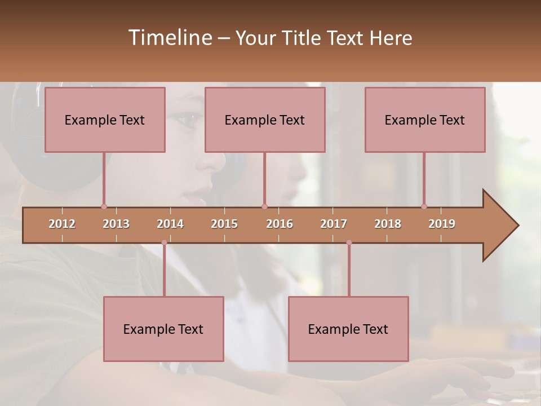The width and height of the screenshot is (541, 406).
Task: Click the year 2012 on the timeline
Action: tap(62, 224)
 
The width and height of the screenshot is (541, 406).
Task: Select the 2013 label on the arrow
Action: tap(116, 224)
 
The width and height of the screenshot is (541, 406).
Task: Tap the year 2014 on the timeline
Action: tap(170, 224)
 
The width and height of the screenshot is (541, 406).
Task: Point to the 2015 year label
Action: tap(224, 224)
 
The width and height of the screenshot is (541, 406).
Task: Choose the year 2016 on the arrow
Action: tap(280, 224)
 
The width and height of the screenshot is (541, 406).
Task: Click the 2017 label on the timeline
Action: tap(334, 224)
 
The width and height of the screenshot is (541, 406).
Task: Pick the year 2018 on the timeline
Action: tap(388, 224)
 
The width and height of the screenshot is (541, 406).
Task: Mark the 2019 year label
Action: tap(442, 224)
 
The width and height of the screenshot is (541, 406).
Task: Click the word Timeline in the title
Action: tap(169, 38)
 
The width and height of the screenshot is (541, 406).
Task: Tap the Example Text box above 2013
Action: tap(105, 120)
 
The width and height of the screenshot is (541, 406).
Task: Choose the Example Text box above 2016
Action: tap(265, 120)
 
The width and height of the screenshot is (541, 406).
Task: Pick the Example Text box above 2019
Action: tap(425, 120)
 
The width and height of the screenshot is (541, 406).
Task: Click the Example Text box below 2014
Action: tap(163, 329)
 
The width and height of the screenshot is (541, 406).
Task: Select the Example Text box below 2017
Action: tap(348, 329)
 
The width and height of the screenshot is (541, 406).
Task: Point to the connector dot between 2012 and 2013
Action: tap(104, 206)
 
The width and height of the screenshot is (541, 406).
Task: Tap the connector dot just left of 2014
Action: tap(164, 242)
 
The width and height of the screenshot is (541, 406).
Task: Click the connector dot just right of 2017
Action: tap(349, 242)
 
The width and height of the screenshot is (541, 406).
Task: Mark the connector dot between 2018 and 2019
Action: tap(424, 206)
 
